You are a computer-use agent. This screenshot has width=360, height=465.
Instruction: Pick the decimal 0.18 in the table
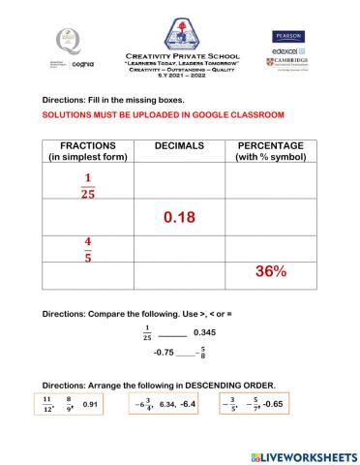click(x=180, y=218)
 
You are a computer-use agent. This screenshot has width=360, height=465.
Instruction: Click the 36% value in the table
click(x=272, y=272)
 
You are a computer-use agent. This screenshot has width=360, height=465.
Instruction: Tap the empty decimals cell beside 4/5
click(x=180, y=248)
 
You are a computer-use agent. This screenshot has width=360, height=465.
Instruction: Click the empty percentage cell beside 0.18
click(x=272, y=218)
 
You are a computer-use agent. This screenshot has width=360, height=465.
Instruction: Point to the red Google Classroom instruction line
click(x=163, y=114)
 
